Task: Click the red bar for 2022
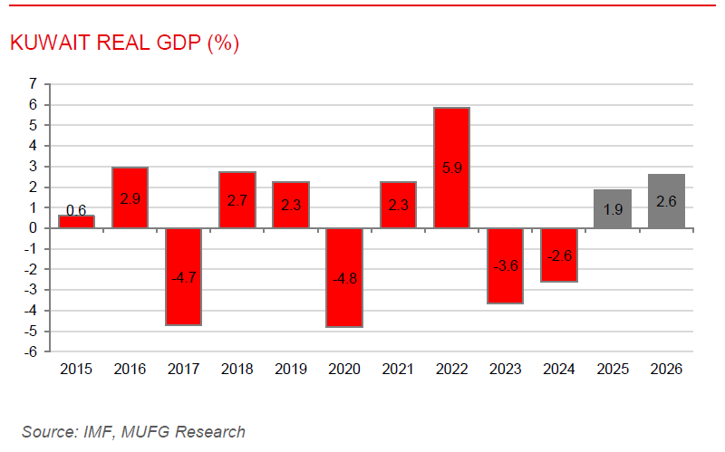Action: click(x=451, y=168)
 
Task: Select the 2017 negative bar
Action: click(x=183, y=276)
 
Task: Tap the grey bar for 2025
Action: click(x=613, y=209)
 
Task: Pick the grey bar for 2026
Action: click(x=666, y=201)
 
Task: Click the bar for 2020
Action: click(x=344, y=277)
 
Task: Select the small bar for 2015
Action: click(x=76, y=221)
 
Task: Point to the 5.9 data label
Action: click(x=451, y=168)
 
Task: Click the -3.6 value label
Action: click(x=505, y=265)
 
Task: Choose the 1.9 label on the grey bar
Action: click(x=613, y=209)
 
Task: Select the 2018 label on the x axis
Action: click(x=237, y=369)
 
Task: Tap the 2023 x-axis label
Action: click(x=505, y=369)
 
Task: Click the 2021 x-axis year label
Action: click(x=398, y=369)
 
